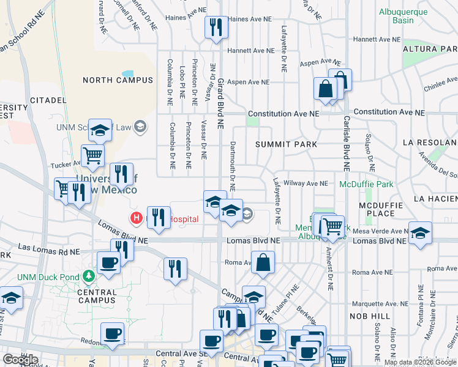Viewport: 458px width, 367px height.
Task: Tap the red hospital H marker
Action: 136,218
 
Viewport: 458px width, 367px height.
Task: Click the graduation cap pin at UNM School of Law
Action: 100,130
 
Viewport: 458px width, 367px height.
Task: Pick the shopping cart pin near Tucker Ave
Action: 92,155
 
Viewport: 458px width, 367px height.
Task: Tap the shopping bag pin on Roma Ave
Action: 263,262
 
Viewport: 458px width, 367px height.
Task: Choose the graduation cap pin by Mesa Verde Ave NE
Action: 420,233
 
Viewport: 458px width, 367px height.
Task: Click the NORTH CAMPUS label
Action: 118,80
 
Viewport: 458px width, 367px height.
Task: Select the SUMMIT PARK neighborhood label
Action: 287,144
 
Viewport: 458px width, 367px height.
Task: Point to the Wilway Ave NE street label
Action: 306,183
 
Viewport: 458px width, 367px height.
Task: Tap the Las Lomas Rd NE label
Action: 49,250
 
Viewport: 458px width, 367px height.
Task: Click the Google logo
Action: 20,360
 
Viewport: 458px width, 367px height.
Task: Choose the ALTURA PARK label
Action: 430,49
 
